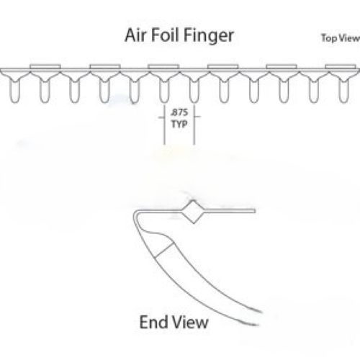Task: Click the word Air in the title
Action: coord(135,35)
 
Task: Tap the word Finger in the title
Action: coord(210,37)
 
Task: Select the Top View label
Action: coord(341,38)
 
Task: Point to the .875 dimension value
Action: coord(179,112)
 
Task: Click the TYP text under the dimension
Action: coord(179,124)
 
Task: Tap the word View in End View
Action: coord(191,322)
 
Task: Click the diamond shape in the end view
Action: coord(194,212)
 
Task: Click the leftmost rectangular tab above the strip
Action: coord(45,66)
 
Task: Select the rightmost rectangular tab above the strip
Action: coord(341,66)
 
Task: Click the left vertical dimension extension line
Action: coord(164,125)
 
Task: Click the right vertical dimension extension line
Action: coord(194,125)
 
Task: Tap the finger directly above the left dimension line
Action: coord(164,91)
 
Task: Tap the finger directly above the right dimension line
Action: coord(194,91)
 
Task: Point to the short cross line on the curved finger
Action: coord(165,250)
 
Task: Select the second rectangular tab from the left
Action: coord(105,66)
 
